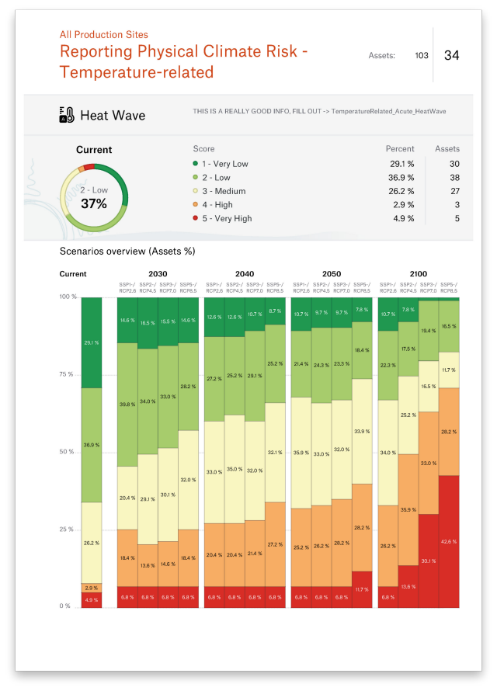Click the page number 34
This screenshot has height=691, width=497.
pyautogui.click(x=451, y=55)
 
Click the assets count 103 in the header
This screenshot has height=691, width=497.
pyautogui.click(x=422, y=55)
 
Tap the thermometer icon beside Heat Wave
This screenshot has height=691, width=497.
pyautogui.click(x=67, y=116)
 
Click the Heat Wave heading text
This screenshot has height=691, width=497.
pyautogui.click(x=113, y=116)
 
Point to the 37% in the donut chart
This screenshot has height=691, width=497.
pyautogui.click(x=94, y=203)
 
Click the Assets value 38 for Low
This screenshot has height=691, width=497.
pyautogui.click(x=454, y=177)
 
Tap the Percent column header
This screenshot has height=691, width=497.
pyautogui.click(x=400, y=148)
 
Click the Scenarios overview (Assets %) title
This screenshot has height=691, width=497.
pyautogui.click(x=127, y=252)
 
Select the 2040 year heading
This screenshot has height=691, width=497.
pyautogui.click(x=244, y=274)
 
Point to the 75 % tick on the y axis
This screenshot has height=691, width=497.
pyautogui.click(x=67, y=374)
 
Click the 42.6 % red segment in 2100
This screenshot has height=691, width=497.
pyautogui.click(x=449, y=541)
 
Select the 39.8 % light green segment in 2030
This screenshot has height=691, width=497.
pyautogui.click(x=127, y=405)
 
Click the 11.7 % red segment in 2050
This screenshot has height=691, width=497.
pyautogui.click(x=362, y=589)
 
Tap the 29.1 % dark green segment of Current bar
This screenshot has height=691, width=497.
pyautogui.click(x=92, y=342)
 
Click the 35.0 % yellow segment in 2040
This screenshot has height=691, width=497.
pyautogui.click(x=234, y=469)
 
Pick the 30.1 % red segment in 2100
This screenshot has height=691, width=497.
pyautogui.click(x=429, y=561)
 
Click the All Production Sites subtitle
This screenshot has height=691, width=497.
pyautogui.click(x=104, y=35)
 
